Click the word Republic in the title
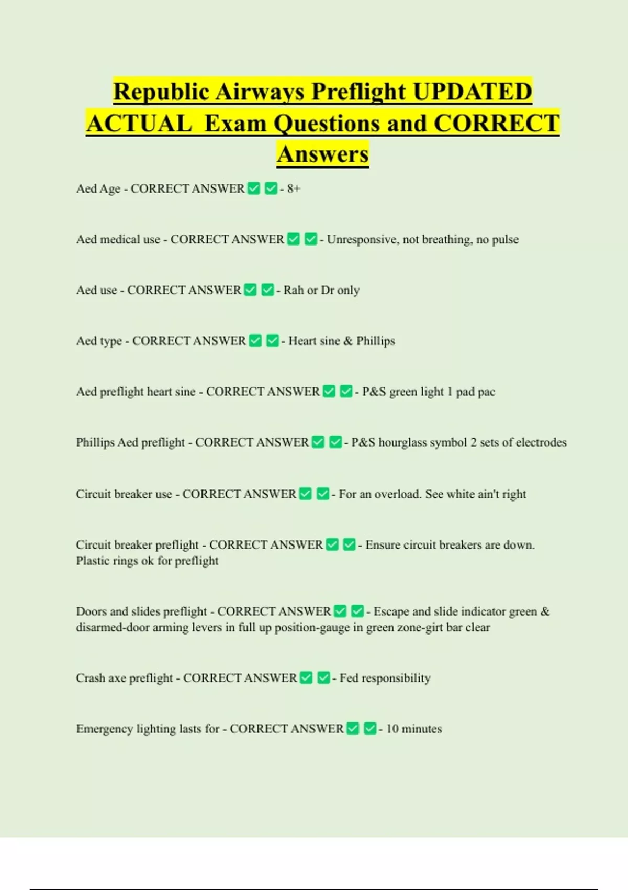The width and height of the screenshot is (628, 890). (x=161, y=92)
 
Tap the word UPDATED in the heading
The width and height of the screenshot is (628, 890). (x=472, y=92)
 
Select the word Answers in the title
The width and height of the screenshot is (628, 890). (x=323, y=154)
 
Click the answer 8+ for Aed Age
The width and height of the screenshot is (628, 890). (x=294, y=188)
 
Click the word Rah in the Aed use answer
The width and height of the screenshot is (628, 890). (x=294, y=290)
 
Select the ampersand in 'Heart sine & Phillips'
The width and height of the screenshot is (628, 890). (x=348, y=341)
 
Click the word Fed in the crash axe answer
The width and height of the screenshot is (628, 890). (x=349, y=678)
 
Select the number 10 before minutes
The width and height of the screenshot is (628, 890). (x=392, y=729)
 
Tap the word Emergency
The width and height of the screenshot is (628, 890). (x=104, y=729)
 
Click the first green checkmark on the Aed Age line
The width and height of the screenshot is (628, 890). (x=254, y=188)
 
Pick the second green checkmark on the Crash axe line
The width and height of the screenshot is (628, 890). (x=323, y=678)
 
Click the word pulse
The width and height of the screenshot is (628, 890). (x=505, y=239)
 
